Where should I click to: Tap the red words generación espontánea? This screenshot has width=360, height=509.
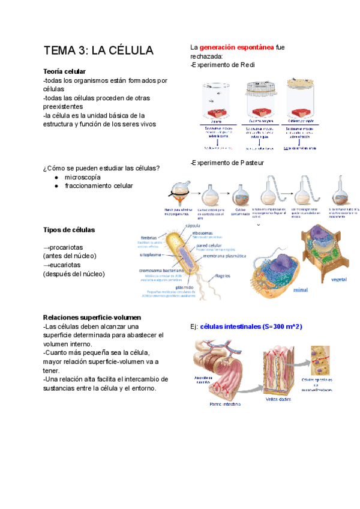237,47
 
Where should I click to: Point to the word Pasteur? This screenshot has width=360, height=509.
250,163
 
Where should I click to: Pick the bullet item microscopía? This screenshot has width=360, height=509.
83,177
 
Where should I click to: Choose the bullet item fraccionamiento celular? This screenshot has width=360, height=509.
98,186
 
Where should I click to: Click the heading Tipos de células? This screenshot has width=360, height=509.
68,230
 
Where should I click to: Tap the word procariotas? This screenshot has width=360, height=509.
66,247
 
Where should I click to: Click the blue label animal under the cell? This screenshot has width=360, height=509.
300,289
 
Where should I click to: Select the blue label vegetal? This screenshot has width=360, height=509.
339,279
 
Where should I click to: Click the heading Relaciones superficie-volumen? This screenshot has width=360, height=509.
92,317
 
